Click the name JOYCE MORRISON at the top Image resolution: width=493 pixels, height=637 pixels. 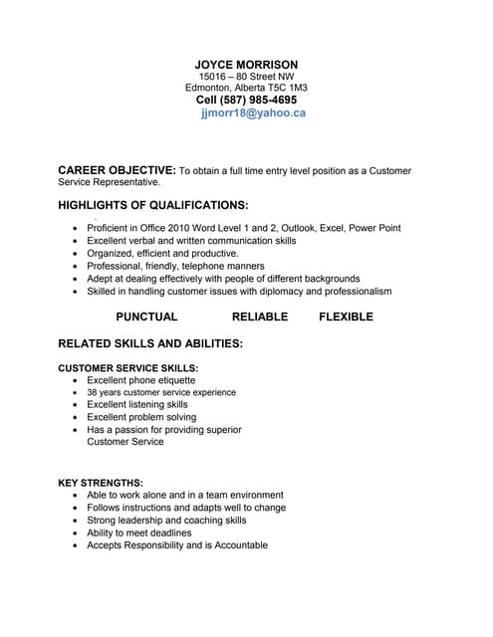coord(246,65)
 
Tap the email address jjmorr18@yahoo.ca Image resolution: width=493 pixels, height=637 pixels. coord(253,113)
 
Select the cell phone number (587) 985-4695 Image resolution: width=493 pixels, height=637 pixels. coord(262,100)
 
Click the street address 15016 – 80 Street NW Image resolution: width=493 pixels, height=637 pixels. coord(246,77)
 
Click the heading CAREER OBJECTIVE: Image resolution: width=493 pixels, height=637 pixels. coord(118,171)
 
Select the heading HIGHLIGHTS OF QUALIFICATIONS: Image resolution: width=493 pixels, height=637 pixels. coord(153,205)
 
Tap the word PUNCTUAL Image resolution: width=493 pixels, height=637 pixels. coord(146,317)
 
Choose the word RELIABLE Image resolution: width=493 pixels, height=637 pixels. coord(260,317)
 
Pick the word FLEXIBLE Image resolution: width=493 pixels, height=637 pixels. coord(347,317)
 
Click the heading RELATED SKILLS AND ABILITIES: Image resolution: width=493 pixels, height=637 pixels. coord(150,343)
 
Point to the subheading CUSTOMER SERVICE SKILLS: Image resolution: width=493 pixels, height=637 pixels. coord(128,368)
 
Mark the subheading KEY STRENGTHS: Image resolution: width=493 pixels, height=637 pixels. coord(101,483)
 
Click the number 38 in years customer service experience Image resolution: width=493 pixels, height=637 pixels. coord(93,393)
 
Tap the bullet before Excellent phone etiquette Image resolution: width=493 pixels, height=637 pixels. coord(77,381)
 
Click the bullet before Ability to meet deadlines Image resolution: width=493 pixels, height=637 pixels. coord(77,533)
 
